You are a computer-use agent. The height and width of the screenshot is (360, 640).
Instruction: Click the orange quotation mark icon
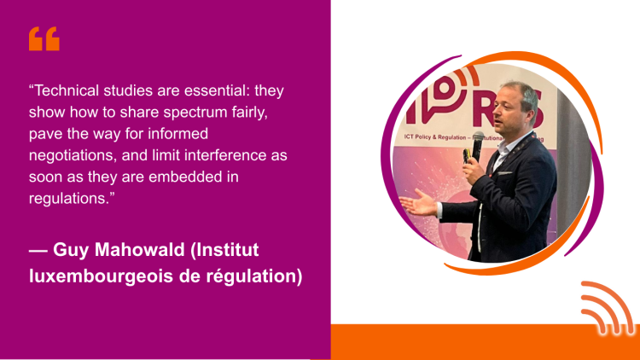(x=44, y=38)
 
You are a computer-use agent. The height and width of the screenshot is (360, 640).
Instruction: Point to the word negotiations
(x=71, y=155)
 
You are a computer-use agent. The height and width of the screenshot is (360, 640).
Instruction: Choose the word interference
(x=222, y=155)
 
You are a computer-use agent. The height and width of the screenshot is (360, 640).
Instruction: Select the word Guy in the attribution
(x=71, y=250)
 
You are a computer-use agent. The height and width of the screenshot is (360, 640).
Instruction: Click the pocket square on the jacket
(x=504, y=173)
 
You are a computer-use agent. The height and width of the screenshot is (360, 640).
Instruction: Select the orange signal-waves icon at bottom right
(x=608, y=308)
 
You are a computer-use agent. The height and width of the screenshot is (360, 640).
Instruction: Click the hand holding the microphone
(x=473, y=171)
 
